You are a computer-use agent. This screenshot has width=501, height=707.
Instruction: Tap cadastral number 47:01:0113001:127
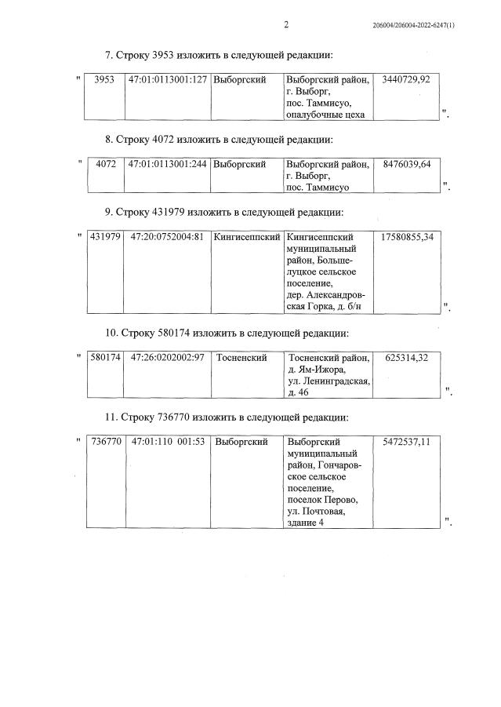click(x=168, y=80)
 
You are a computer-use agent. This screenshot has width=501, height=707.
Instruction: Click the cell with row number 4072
click(x=105, y=164)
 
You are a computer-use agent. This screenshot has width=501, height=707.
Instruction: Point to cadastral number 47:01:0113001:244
click(x=168, y=164)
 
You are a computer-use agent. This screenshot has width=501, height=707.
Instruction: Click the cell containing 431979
click(x=105, y=236)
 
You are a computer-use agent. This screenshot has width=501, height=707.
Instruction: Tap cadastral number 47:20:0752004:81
click(x=168, y=236)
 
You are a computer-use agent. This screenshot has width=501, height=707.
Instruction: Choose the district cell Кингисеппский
click(x=246, y=236)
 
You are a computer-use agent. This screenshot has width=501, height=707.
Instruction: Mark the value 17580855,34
click(x=407, y=236)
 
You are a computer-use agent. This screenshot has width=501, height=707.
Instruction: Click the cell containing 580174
click(x=105, y=358)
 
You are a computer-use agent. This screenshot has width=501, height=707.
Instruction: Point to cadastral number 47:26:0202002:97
click(x=168, y=358)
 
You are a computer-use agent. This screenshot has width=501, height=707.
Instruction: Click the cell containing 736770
click(x=106, y=442)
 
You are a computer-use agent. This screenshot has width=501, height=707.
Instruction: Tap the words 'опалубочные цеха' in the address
click(x=326, y=115)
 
